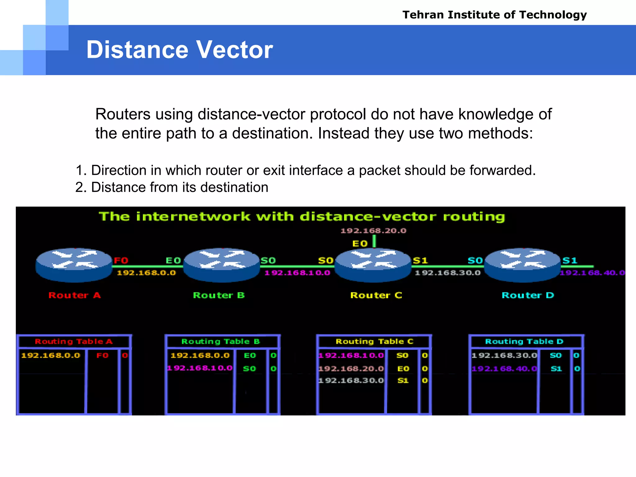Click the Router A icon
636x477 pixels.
(x=74, y=265)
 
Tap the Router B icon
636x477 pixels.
(x=221, y=265)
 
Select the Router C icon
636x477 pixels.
(x=373, y=265)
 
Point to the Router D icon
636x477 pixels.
(x=523, y=265)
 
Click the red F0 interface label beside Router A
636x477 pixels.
(x=121, y=260)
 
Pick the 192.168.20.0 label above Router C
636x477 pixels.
(x=373, y=231)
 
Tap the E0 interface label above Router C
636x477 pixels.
(x=360, y=244)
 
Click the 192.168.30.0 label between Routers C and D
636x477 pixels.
(x=447, y=273)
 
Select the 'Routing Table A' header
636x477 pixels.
(x=74, y=342)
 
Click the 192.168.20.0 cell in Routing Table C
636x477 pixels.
(x=351, y=369)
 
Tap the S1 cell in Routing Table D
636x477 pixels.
(x=556, y=369)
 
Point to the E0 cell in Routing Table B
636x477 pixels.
(x=250, y=356)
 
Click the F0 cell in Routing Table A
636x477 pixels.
(x=102, y=356)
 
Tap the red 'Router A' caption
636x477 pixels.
(x=75, y=295)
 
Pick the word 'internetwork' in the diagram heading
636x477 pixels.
(x=193, y=216)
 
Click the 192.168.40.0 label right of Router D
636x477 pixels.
(x=592, y=273)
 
